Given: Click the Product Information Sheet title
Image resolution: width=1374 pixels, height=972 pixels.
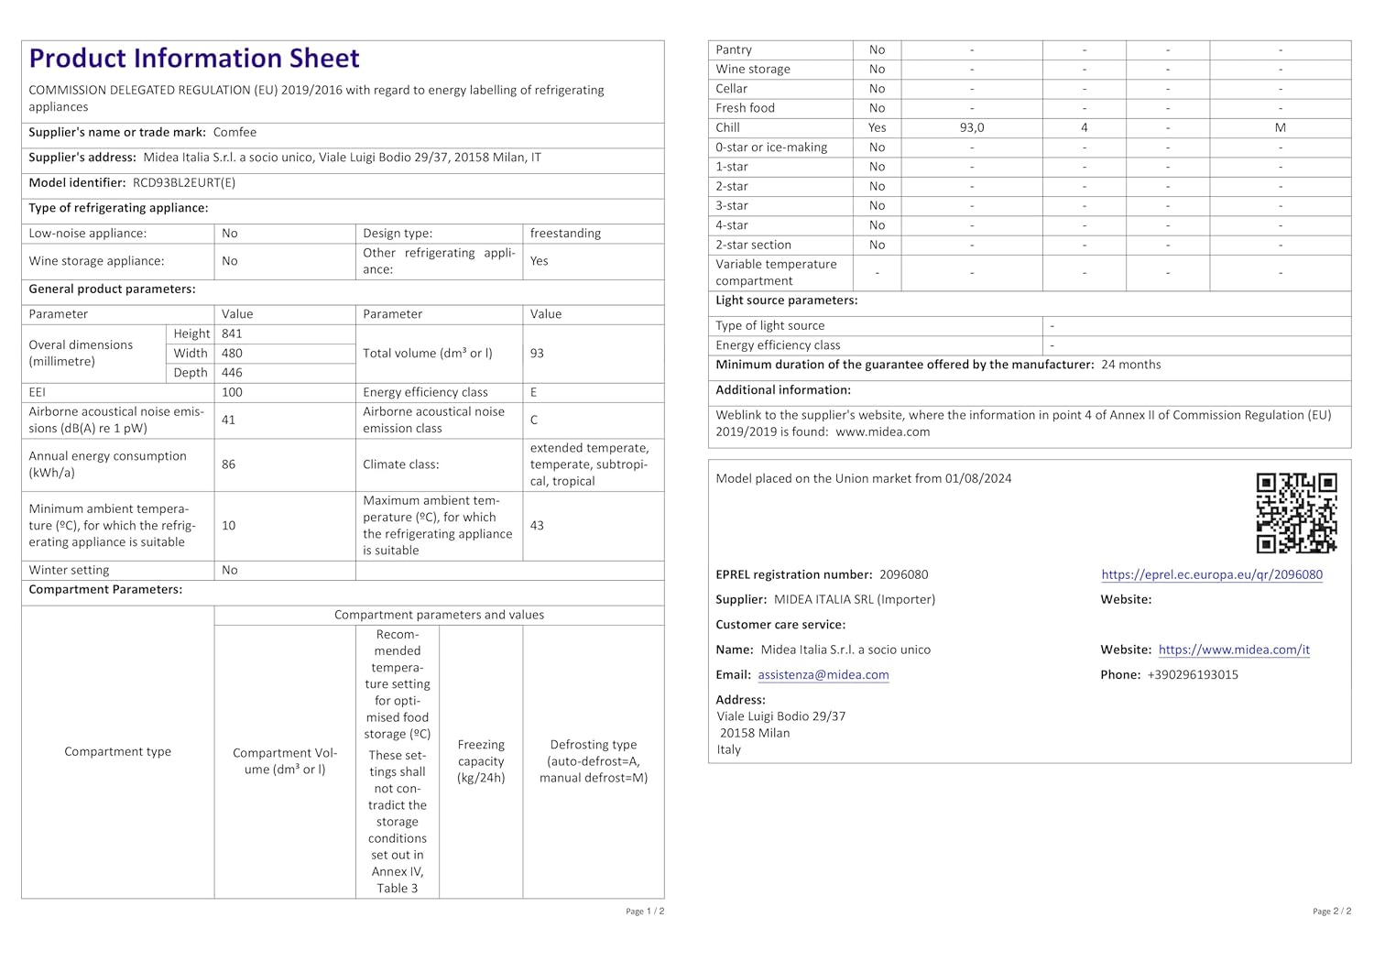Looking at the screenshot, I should pyautogui.click(x=194, y=59).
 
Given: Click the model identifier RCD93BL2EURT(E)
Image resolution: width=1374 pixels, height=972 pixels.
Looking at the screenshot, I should pyautogui.click(x=184, y=183).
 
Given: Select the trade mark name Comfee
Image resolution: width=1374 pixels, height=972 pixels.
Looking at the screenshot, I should pyautogui.click(x=234, y=133).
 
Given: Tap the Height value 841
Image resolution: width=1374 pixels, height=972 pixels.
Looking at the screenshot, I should pyautogui.click(x=232, y=334).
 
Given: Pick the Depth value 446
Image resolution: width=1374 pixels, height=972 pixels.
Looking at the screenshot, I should pyautogui.click(x=232, y=373).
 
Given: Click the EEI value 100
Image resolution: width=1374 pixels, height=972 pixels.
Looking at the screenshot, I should pyautogui.click(x=232, y=392).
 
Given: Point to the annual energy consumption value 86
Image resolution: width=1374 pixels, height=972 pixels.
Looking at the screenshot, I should pyautogui.click(x=228, y=464).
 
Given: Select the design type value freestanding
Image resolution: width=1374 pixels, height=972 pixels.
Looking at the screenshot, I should pyautogui.click(x=565, y=234).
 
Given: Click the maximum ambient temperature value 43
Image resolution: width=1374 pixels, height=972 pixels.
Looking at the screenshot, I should pyautogui.click(x=537, y=526).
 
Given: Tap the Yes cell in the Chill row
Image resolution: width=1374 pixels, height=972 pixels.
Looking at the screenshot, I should pyautogui.click(x=877, y=128).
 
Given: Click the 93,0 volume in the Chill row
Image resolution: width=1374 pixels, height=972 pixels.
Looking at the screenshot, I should pyautogui.click(x=972, y=128).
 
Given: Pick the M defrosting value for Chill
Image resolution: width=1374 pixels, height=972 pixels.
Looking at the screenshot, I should pyautogui.click(x=1280, y=128).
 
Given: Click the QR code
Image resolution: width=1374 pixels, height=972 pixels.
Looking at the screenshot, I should pyautogui.click(x=1296, y=513).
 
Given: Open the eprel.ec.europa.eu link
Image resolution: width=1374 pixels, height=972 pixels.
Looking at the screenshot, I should pyautogui.click(x=1212, y=575).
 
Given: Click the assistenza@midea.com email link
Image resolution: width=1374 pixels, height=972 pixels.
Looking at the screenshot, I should pyautogui.click(x=823, y=675).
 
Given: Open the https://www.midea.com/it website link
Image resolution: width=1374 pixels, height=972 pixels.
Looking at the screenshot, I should pyautogui.click(x=1234, y=650).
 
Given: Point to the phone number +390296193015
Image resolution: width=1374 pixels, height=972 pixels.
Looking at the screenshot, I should pyautogui.click(x=1193, y=675).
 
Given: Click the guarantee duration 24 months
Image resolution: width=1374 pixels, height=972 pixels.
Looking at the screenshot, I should pyautogui.click(x=1130, y=365).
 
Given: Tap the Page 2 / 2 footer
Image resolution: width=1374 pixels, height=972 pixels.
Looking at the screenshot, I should pyautogui.click(x=1332, y=912).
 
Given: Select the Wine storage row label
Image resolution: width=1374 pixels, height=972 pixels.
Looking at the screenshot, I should pyautogui.click(x=753, y=70).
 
